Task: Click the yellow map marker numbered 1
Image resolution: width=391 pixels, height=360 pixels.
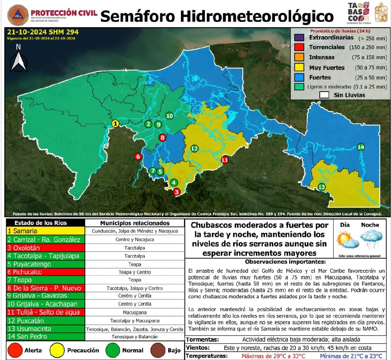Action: pos(116,123)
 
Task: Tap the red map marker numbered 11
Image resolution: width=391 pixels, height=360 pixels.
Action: pos(225,160)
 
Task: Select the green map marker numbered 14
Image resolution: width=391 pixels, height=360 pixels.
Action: pos(361,147)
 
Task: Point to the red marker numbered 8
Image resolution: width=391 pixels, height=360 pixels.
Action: pos(163,138)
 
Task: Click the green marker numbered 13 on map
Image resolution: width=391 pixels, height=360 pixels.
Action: pos(322,187)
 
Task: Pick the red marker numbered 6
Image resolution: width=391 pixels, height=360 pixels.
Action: pos(138,156)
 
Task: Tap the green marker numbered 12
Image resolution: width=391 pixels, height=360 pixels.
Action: pos(194,149)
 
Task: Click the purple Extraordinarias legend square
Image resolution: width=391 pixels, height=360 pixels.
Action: pos(299,38)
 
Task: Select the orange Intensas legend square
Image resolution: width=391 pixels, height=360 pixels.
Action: pos(299,57)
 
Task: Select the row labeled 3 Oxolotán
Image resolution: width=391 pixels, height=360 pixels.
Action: pos(45,248)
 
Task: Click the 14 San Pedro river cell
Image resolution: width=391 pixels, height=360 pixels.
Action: pos(45,336)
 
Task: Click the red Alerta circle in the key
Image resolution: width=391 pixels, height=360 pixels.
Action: pos(15,350)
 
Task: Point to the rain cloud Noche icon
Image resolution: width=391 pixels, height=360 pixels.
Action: pos(370,239)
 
